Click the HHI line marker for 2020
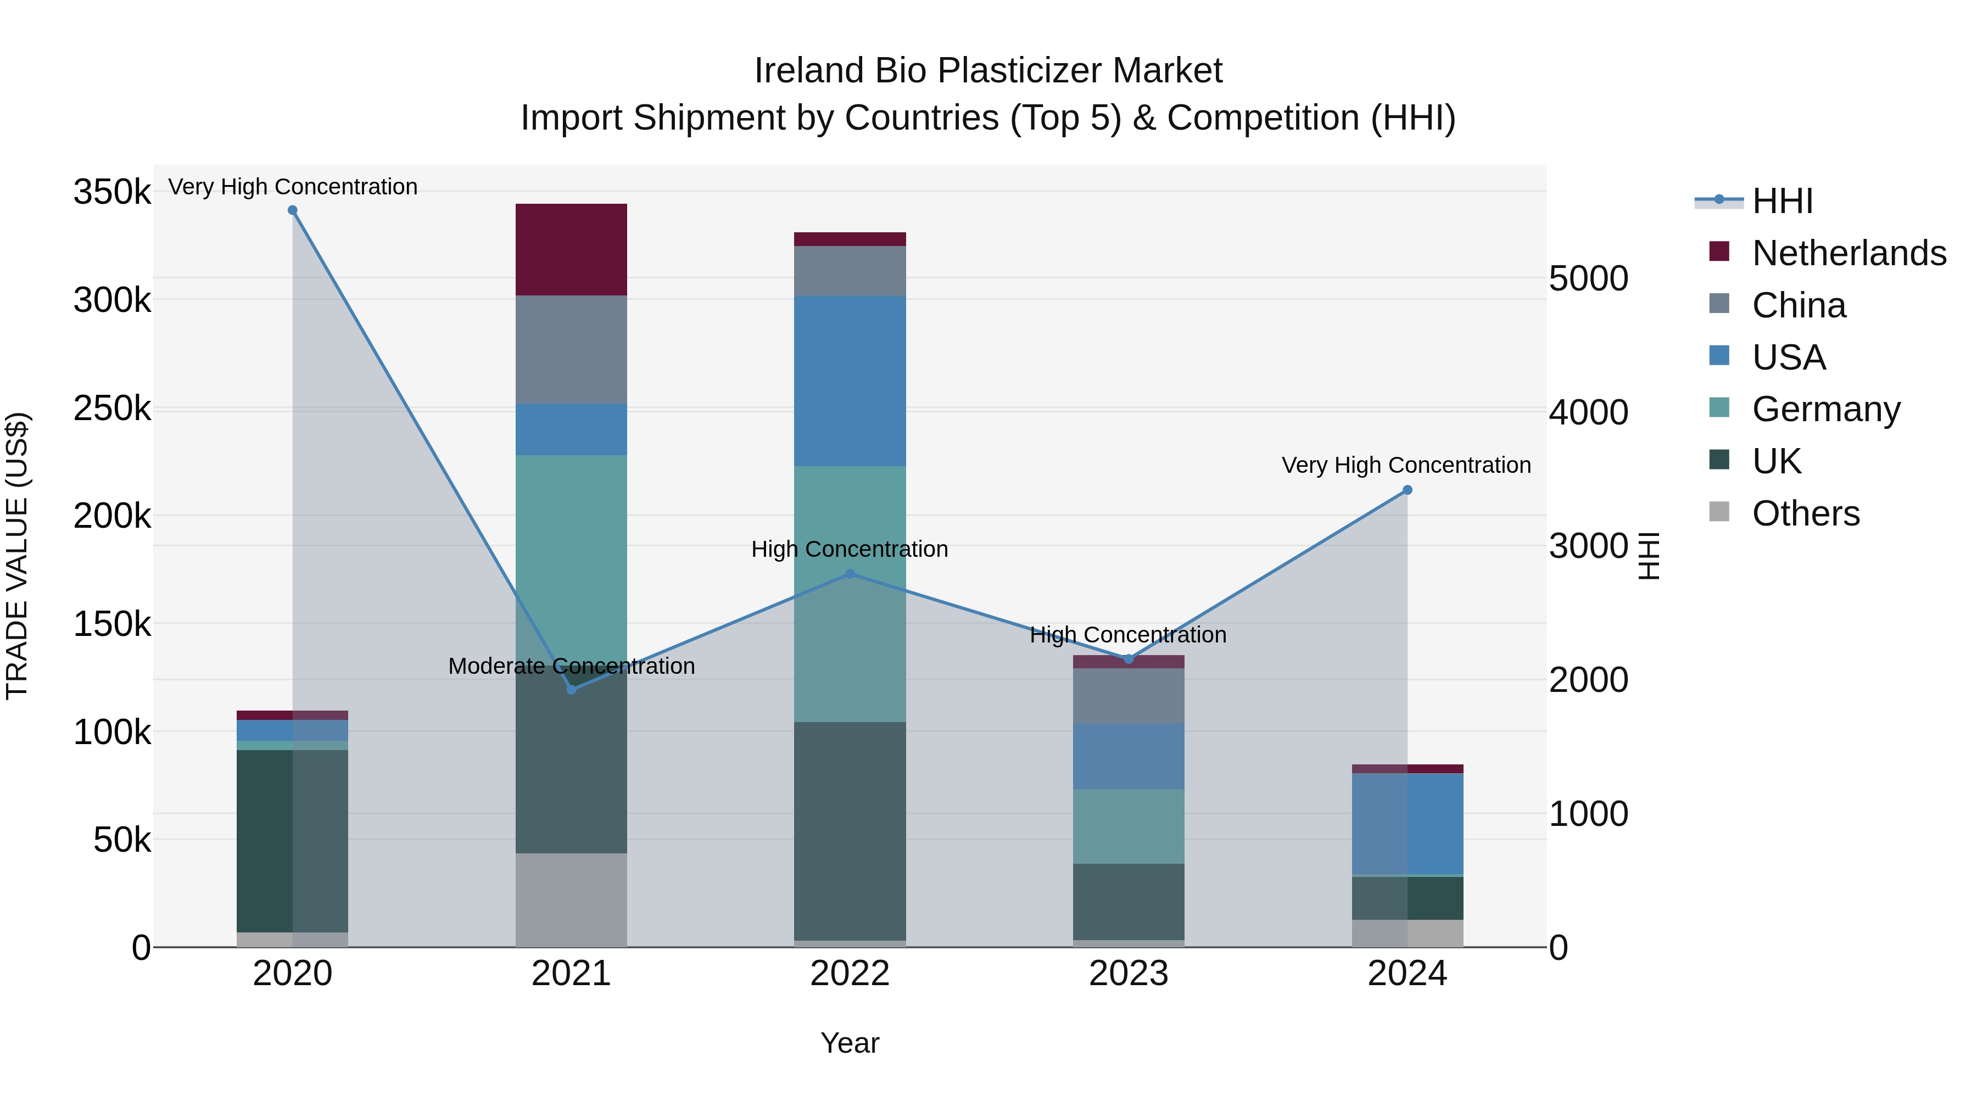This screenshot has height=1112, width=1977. pos(292,210)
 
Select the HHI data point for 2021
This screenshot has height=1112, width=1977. pos(571,690)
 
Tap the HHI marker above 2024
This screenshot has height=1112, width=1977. pos(1407,490)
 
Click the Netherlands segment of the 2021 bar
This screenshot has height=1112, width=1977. pos(571,249)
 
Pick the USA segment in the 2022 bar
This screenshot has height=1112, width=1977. pos(850,382)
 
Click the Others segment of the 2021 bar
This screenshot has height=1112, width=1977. pos(571,899)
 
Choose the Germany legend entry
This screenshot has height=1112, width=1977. pos(1826,409)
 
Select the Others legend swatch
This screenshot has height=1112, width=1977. pos(1719,512)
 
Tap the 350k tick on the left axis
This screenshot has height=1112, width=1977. pos(112,192)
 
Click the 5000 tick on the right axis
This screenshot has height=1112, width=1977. pos(1588,278)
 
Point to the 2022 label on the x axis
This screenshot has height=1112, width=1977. pos(850,974)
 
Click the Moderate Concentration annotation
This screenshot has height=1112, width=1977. pos(571,666)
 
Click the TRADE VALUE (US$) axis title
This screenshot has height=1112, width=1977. pos(17,556)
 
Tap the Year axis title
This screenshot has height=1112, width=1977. pos(850,1043)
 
